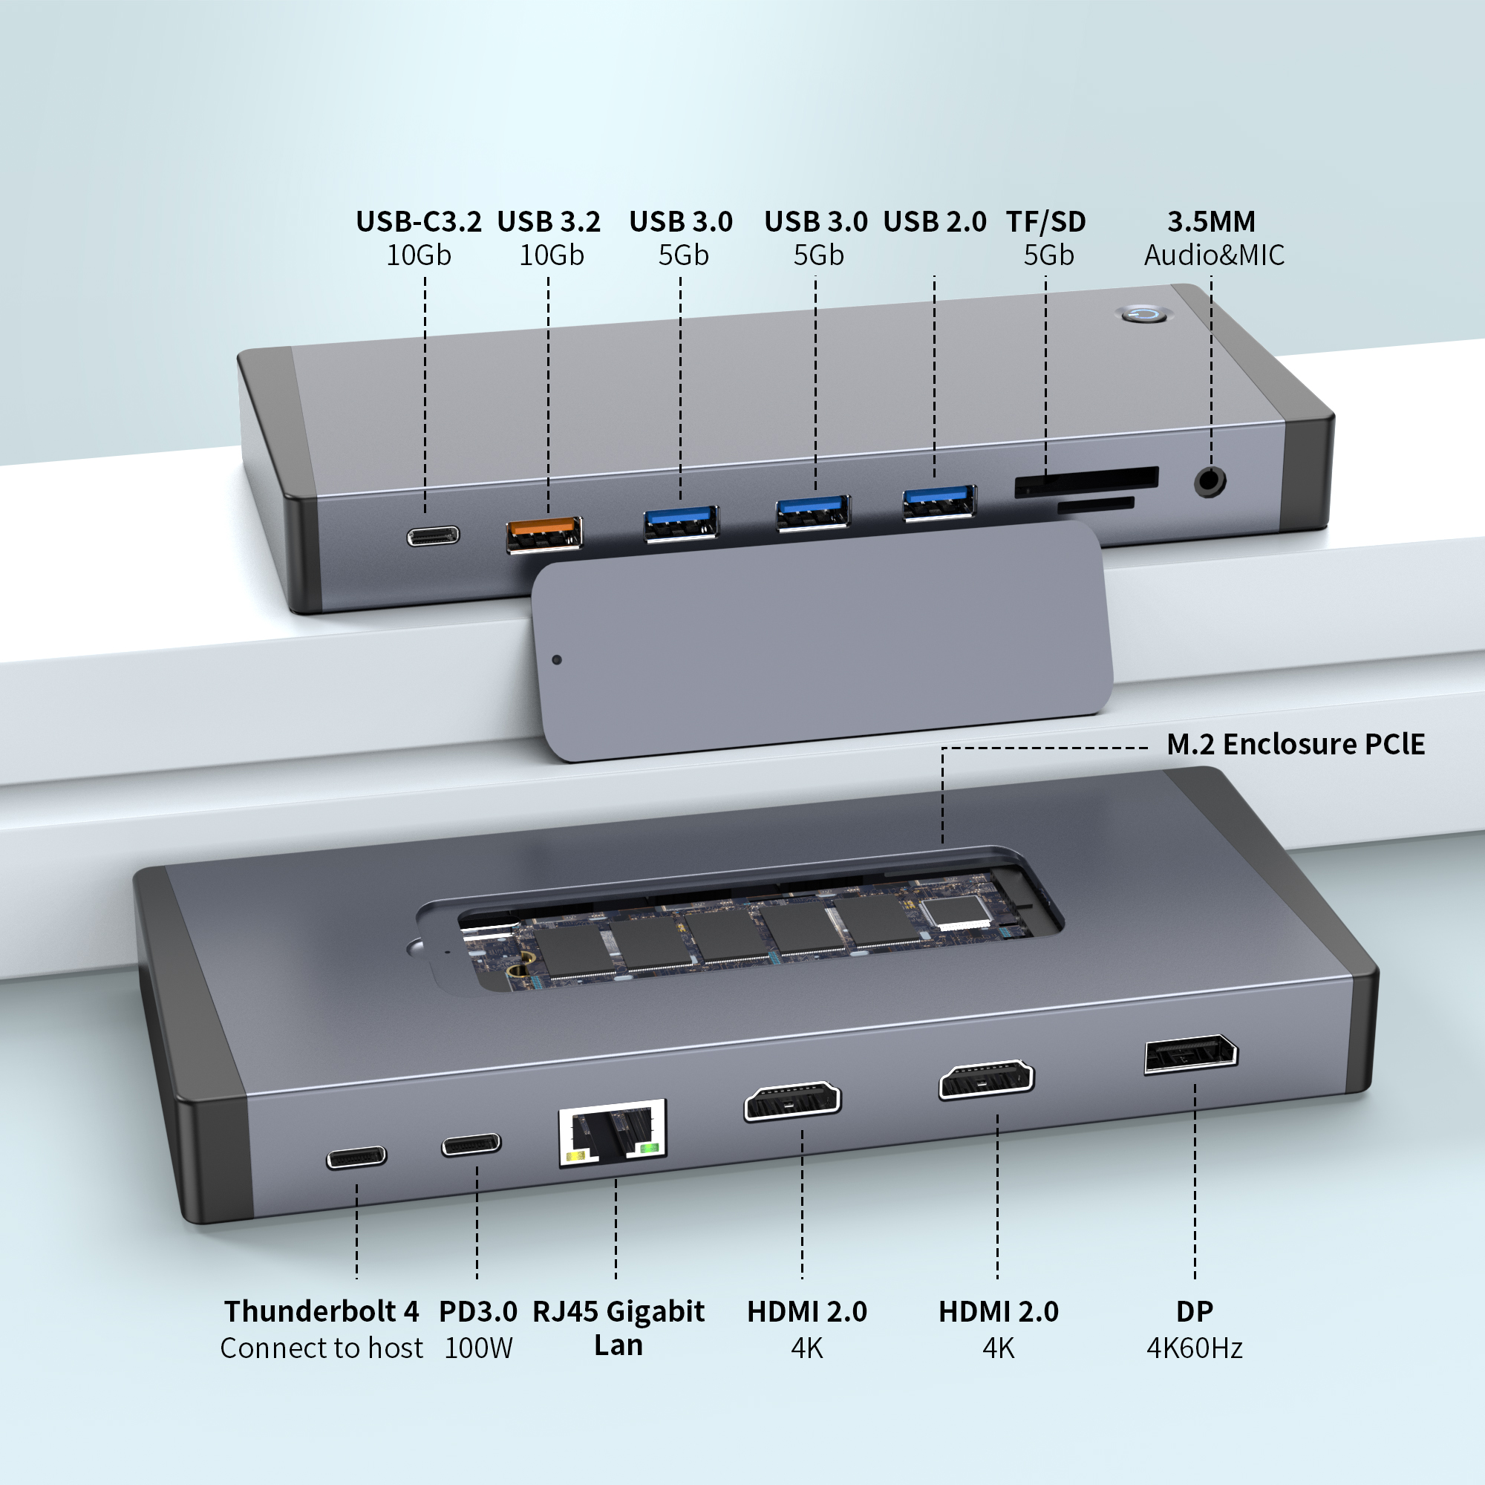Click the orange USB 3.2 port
[x=544, y=534]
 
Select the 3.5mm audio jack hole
[x=1209, y=482]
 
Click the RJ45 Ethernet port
[x=612, y=1132]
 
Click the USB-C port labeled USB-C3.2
[x=434, y=536]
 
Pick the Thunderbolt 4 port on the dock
[x=356, y=1157]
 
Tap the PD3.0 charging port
[x=471, y=1145]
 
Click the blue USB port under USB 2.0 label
[x=939, y=503]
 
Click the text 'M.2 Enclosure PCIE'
[x=1295, y=744]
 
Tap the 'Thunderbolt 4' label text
[x=322, y=1311]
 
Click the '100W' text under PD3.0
[x=478, y=1348]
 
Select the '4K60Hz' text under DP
[x=1195, y=1348]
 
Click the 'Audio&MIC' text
[x=1214, y=255]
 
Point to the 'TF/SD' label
[x=1045, y=221]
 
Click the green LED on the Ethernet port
[x=650, y=1149]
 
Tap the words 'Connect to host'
[x=322, y=1348]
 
